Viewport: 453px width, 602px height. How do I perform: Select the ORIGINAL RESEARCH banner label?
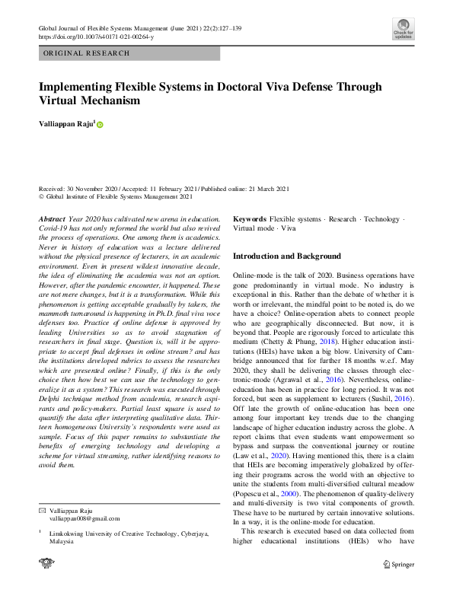[x=86, y=53]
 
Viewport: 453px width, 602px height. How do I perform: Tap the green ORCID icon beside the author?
[x=99, y=124]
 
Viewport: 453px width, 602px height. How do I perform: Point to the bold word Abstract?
[x=52, y=218]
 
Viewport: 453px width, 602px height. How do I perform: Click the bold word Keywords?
[x=250, y=218]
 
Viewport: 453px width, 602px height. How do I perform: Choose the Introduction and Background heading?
[x=287, y=256]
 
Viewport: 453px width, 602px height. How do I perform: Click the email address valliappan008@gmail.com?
[x=85, y=518]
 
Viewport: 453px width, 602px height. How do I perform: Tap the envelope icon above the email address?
[x=42, y=509]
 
